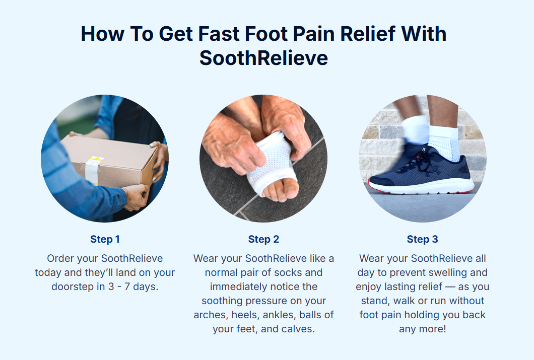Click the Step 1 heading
105,239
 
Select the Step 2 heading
263,239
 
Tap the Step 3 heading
422,239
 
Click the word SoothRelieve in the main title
263,58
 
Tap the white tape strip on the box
93,170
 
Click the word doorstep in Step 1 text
73,286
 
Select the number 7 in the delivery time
127,286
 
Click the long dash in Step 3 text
450,287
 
